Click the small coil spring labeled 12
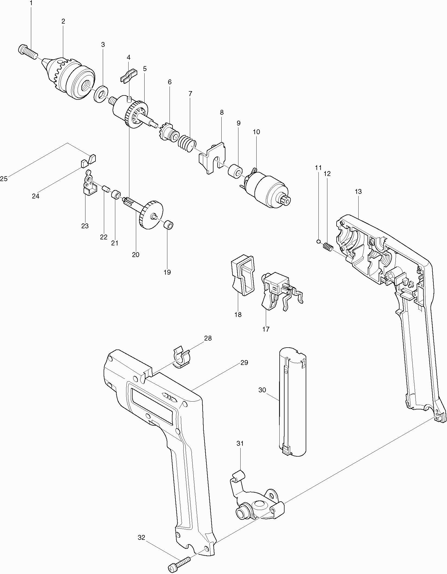tap(327, 247)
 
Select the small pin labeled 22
tap(106, 188)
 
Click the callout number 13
tap(358, 192)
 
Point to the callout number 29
tap(244, 363)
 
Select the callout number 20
tap(136, 255)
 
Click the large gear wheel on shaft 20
tap(150, 215)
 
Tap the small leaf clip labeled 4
tap(128, 76)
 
